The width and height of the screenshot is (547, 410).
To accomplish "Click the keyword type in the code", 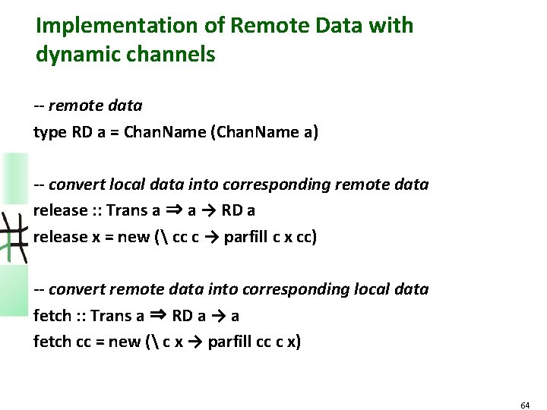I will [x=51, y=133].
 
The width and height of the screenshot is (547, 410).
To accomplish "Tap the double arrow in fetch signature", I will [x=157, y=315].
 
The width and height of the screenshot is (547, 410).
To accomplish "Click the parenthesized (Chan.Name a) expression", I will [x=267, y=133].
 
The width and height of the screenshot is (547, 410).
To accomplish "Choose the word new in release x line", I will [x=134, y=237].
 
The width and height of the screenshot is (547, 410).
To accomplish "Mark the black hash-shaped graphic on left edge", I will [x=14, y=235].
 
